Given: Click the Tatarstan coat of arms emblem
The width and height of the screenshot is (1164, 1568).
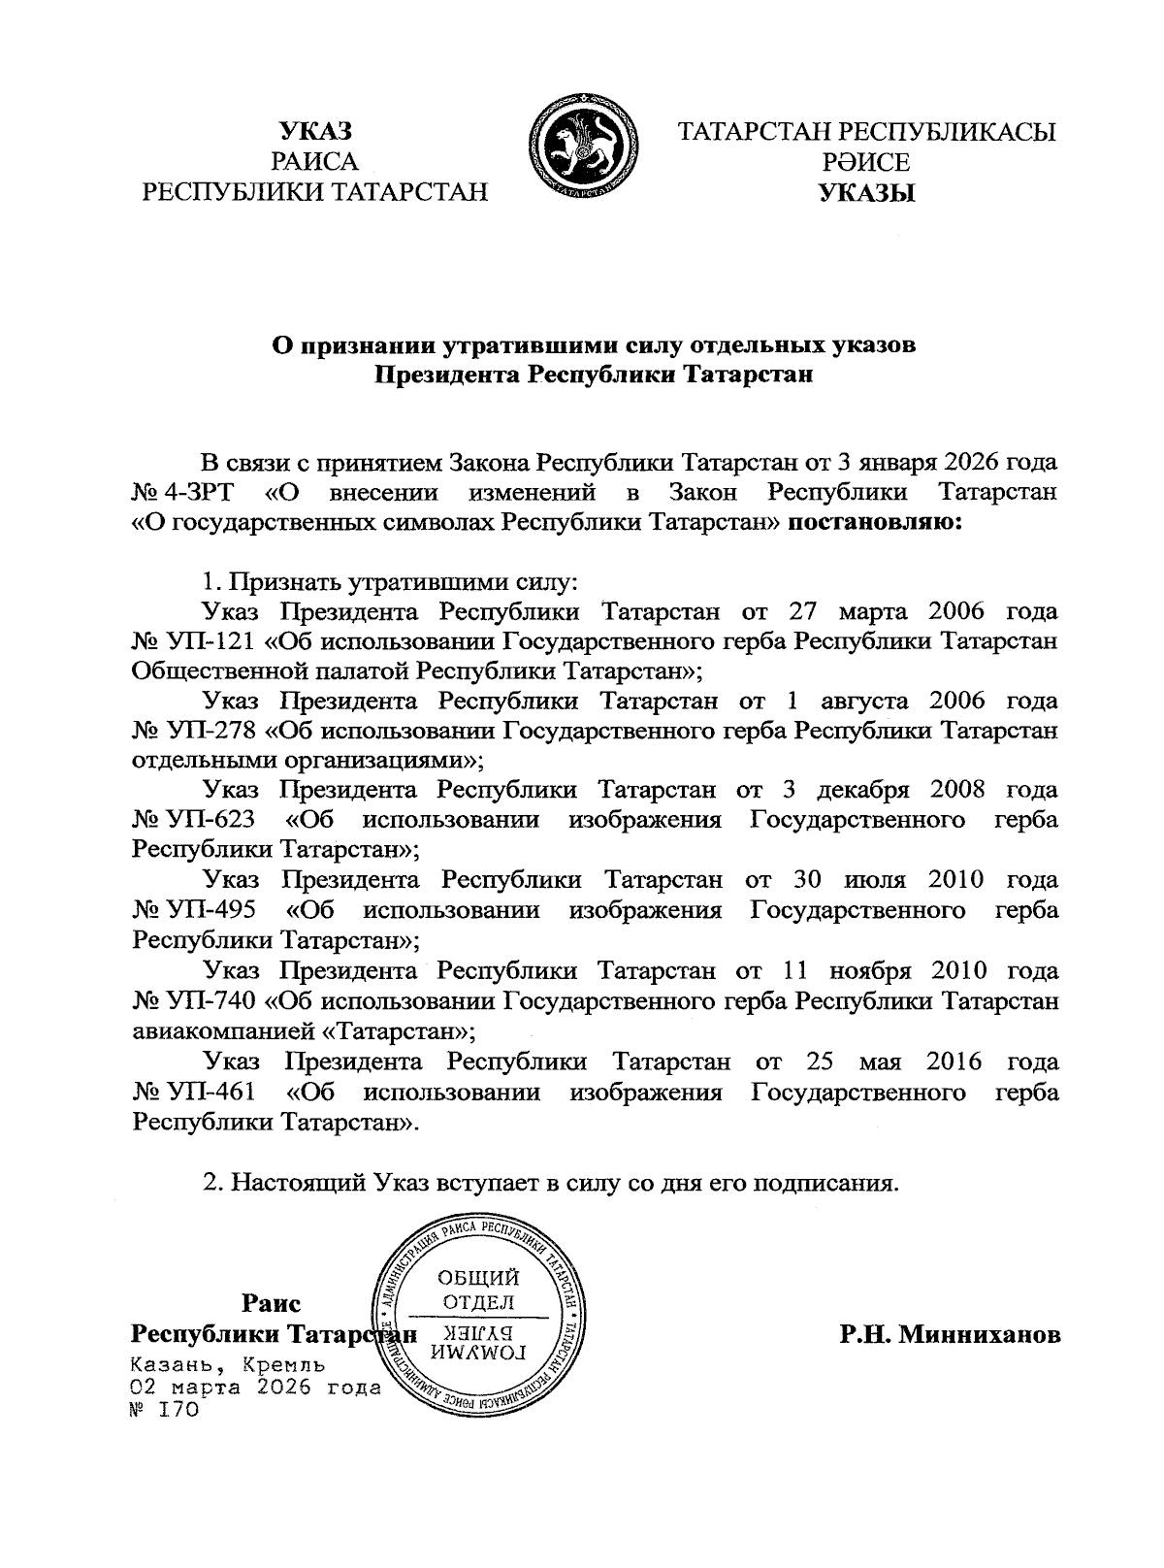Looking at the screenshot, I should click(583, 147).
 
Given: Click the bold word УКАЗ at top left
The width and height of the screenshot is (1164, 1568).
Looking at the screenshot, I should click(314, 132).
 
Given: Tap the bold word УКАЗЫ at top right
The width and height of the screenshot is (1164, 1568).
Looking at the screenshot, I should click(866, 193).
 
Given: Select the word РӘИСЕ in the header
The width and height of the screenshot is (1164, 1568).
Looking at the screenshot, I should click(866, 163).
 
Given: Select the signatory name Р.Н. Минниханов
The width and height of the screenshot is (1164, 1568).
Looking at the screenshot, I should click(950, 1334).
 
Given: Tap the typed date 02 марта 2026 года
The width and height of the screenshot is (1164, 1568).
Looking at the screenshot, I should click(256, 1387).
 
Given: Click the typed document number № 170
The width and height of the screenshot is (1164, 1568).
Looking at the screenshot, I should click(165, 1409).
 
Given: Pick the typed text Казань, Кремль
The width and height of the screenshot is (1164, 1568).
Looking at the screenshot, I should click(228, 1364).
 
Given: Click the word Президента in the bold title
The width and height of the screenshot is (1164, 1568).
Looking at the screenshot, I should click(448, 375).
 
